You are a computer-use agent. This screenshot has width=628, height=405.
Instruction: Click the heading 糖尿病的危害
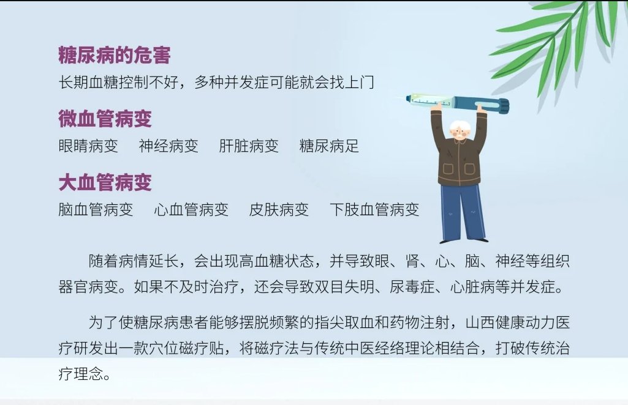(115, 55)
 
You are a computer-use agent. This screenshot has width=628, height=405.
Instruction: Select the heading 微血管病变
(105, 119)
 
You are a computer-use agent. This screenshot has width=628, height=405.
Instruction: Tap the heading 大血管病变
(105, 183)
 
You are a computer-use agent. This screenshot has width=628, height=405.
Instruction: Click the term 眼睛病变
(88, 146)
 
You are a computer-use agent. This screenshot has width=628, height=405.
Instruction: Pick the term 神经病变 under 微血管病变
(168, 146)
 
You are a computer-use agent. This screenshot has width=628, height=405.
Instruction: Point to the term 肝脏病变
(249, 146)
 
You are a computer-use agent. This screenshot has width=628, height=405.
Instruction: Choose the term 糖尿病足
(329, 146)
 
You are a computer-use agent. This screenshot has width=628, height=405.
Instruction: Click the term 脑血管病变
(96, 209)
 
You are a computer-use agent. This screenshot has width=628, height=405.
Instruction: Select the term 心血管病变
(191, 209)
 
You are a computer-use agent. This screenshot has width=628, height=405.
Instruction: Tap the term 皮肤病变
(279, 209)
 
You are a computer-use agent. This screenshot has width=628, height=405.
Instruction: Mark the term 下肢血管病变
(374, 209)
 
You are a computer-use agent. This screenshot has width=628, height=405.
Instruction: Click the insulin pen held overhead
(456, 103)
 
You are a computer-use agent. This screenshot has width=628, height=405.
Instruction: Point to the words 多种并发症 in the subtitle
(232, 83)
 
